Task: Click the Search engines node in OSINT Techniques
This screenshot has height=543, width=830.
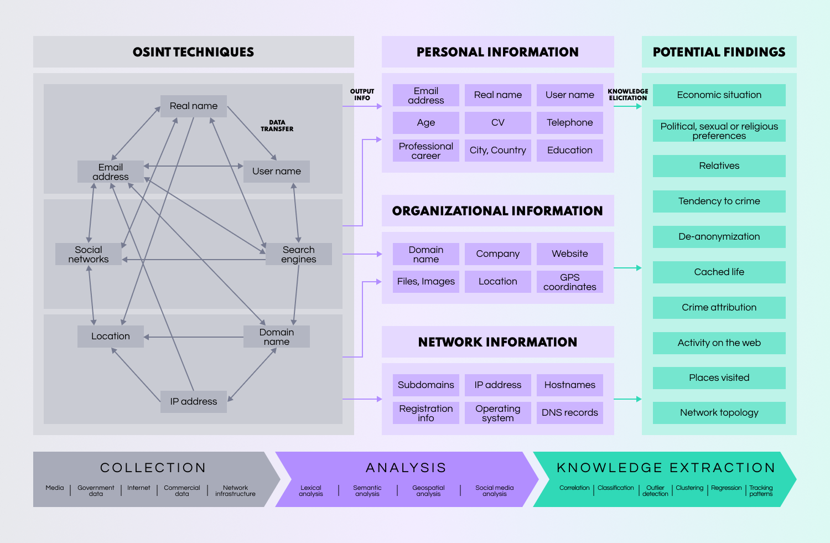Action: coord(299,254)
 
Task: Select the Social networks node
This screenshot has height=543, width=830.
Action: coord(89,254)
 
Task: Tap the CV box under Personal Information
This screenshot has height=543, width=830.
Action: coord(498,123)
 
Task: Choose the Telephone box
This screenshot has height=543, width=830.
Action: coord(570,123)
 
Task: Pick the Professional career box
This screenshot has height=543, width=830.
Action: coord(426,151)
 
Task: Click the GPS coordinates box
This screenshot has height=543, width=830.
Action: coord(570,282)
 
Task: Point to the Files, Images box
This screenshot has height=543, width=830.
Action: coord(426,282)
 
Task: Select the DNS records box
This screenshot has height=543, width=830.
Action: coord(570,413)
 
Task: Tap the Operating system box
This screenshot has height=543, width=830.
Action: coord(498,413)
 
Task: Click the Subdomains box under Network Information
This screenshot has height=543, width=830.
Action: coord(426,385)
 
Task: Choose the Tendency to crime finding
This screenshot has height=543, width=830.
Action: coord(719,201)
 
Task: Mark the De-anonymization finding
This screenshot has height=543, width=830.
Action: coord(719,237)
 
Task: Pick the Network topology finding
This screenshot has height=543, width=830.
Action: coord(719,413)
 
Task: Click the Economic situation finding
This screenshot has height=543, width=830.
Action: coord(719,95)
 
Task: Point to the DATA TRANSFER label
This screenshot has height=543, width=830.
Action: coord(277,126)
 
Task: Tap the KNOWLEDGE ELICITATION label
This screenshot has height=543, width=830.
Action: coord(628,95)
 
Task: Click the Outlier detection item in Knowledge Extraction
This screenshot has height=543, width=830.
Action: coord(655,491)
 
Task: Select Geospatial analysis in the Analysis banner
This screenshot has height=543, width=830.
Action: coord(428,491)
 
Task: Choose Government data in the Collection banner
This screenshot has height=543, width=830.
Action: coord(96,491)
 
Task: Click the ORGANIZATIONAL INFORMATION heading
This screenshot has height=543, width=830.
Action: coord(497,211)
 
